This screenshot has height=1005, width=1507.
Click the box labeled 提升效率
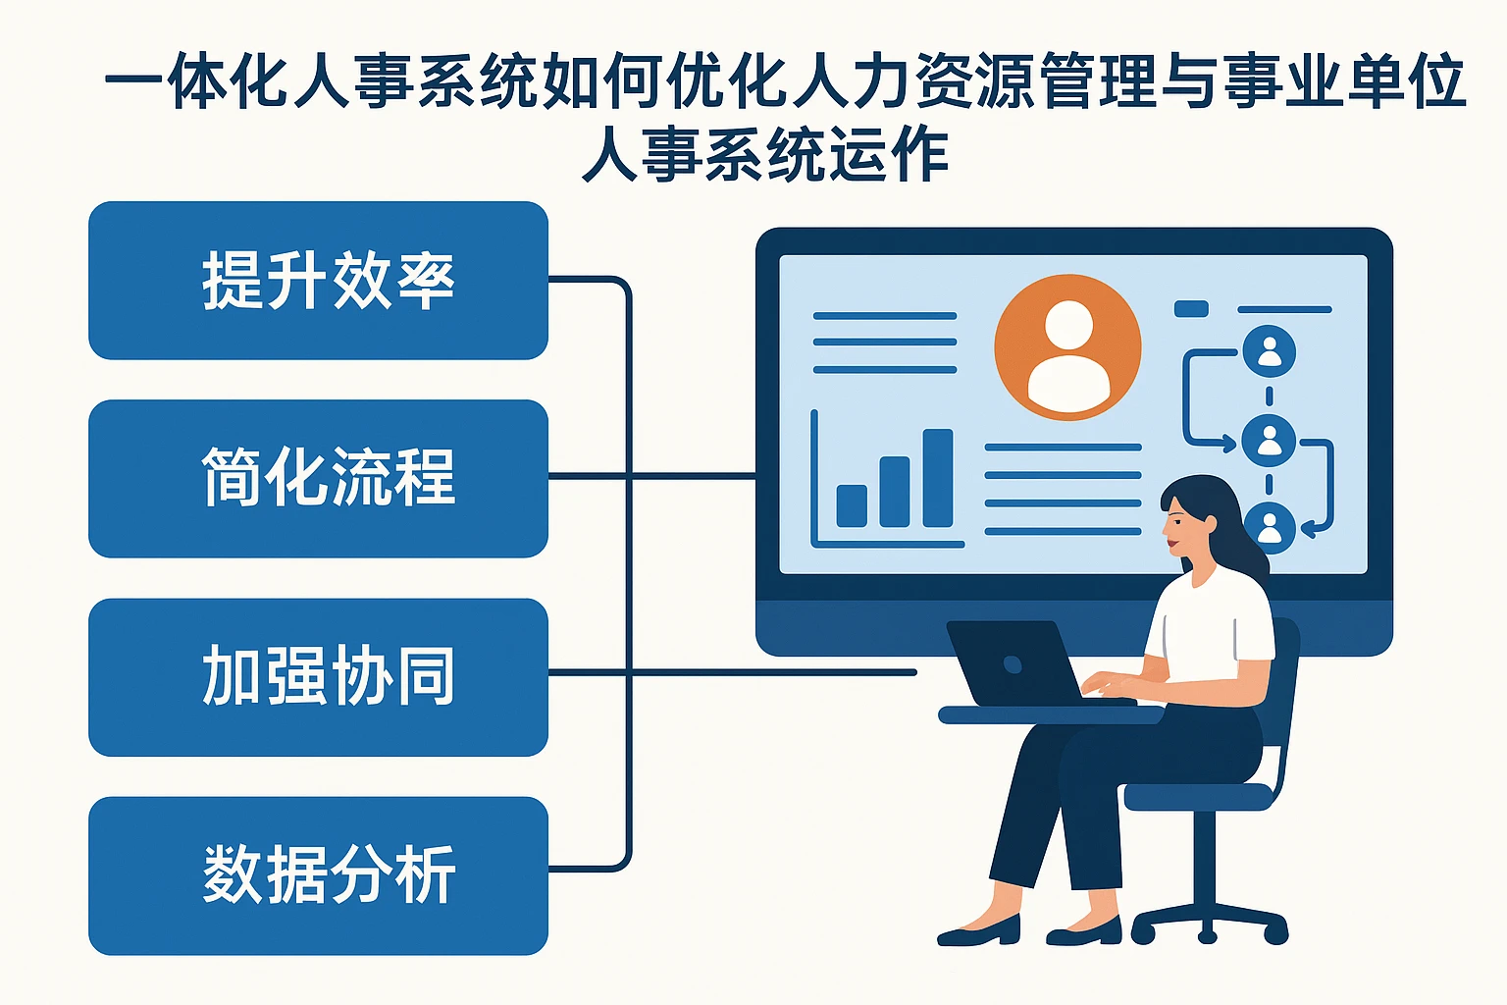click(x=318, y=281)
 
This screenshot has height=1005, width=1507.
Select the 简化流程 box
click(x=318, y=478)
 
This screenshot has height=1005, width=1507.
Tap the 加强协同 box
click(x=318, y=676)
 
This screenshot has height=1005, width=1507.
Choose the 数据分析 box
click(x=318, y=874)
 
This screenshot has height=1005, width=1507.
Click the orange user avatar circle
click(x=1067, y=347)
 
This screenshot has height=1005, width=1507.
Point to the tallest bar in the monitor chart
click(x=938, y=478)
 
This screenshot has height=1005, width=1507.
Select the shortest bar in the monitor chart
click(x=852, y=505)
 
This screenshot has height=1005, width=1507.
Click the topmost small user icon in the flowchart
click(x=1269, y=351)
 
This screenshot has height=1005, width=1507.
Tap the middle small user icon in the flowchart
click(x=1269, y=441)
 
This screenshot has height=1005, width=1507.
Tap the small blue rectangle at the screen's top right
click(x=1191, y=309)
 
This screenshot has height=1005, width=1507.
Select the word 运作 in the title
click(x=888, y=155)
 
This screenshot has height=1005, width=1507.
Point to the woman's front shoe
click(x=981, y=931)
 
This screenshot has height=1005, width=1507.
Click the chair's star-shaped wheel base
click(x=1209, y=923)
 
